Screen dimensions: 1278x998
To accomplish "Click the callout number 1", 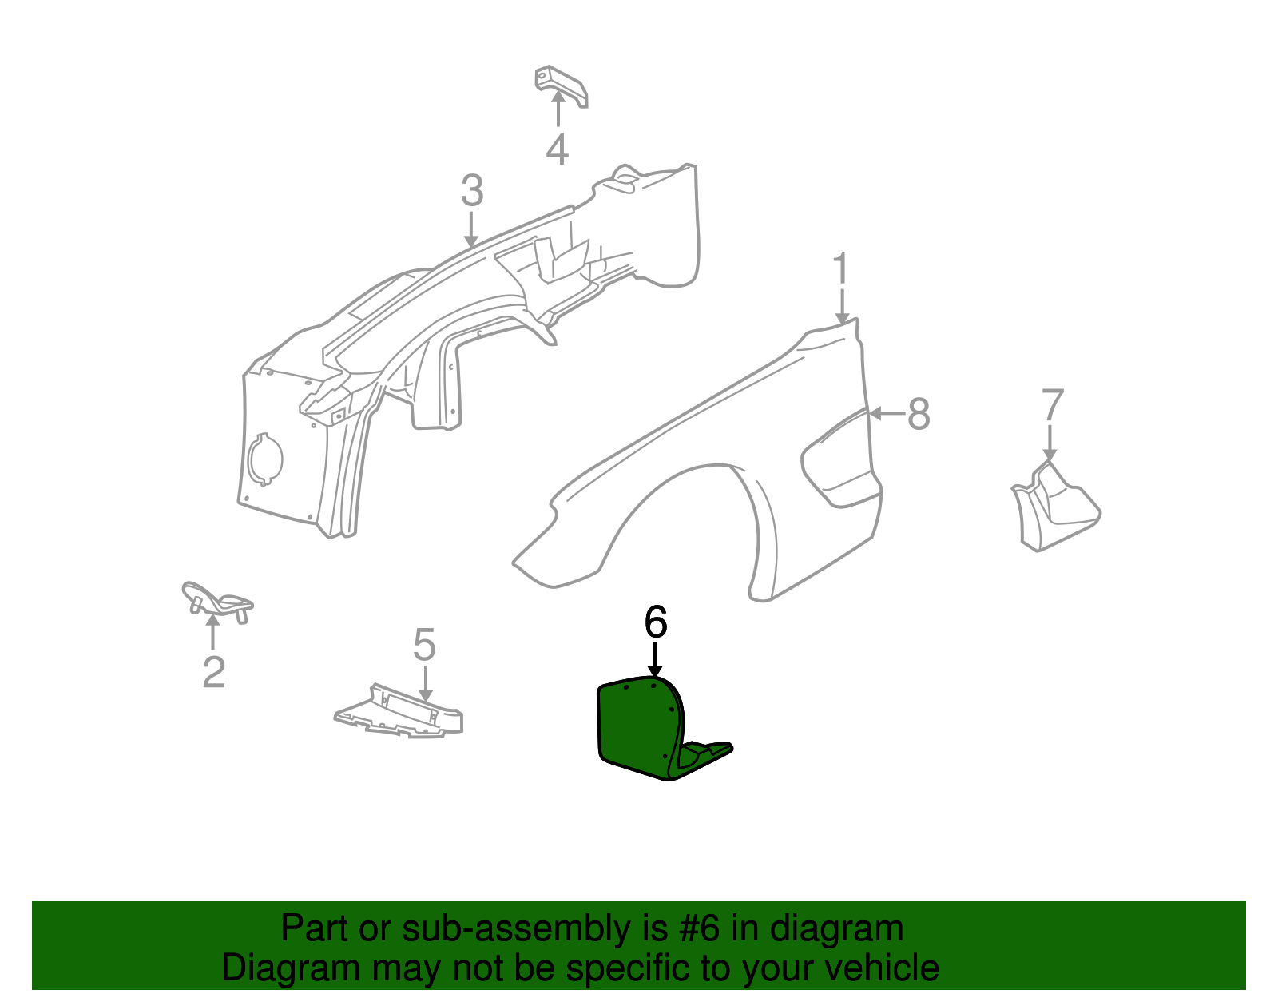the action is pos(842,269).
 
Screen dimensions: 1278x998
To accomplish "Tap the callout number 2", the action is pos(213,672).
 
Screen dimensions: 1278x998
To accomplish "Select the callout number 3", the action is pos(472,190).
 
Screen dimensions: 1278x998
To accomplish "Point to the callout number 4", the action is pos(557,149).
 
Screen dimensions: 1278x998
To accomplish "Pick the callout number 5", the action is pos(424,644).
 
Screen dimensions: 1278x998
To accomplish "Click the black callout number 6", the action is pos(656,622).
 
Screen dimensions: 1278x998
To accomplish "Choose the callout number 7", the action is pos(1052,404).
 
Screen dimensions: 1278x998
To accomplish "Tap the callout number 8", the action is pos(919,414).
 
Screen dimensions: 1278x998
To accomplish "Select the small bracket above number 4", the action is pos(560,85).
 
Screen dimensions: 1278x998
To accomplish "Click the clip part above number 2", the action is pos(216,602).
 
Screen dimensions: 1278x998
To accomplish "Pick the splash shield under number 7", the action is pos(1056,507).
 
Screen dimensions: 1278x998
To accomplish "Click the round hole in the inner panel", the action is pos(265,459).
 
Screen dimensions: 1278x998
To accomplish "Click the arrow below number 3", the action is pos(470,229).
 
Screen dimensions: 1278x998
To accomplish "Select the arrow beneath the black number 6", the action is pos(655,660).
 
